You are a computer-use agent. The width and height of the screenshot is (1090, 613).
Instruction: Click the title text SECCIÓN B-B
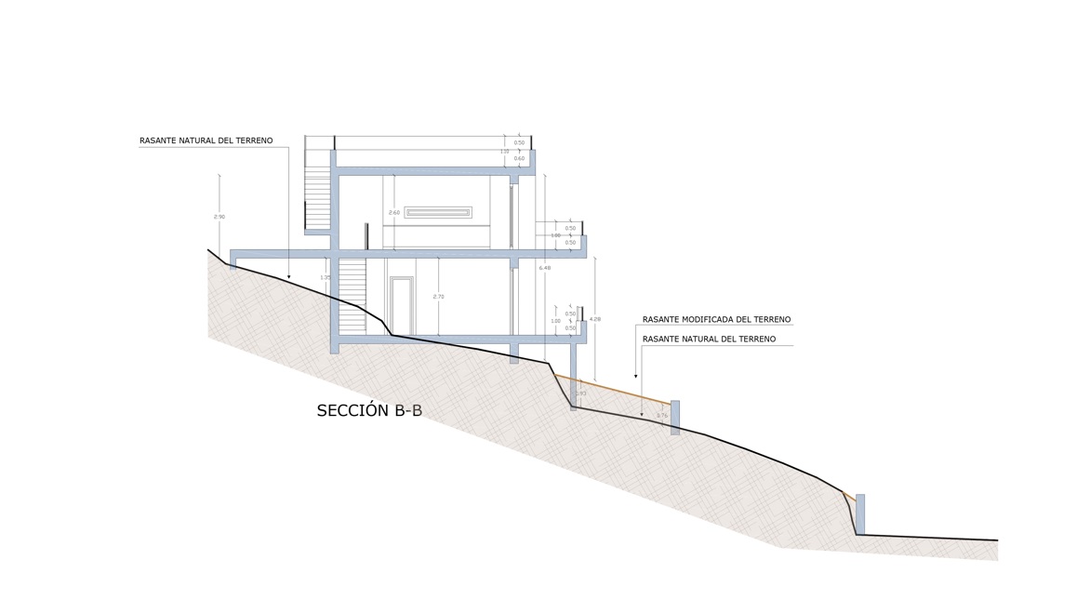(369, 410)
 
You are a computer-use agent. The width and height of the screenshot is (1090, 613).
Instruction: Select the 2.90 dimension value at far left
(219, 217)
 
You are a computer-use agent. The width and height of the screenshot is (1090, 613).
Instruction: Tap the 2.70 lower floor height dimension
(439, 297)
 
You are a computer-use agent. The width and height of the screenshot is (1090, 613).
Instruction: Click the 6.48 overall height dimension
(545, 268)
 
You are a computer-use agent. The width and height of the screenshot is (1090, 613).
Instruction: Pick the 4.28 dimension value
(595, 319)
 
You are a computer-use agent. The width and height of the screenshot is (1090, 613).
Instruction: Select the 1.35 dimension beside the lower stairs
(326, 277)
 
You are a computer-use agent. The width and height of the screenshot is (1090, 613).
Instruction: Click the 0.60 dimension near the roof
(519, 159)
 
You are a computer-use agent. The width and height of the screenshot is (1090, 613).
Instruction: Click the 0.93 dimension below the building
(581, 393)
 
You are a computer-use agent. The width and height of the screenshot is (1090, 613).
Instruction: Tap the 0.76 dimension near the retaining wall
(662, 416)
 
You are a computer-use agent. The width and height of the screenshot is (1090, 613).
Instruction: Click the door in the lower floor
(402, 306)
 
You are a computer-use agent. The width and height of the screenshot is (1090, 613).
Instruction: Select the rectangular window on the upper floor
(438, 212)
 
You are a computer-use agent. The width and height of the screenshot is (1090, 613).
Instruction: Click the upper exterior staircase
(317, 197)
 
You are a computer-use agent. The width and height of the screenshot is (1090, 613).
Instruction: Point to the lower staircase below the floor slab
(352, 296)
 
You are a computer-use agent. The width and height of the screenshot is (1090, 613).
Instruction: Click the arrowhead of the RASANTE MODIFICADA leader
(636, 376)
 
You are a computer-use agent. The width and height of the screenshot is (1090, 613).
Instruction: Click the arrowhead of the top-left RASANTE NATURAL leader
(288, 276)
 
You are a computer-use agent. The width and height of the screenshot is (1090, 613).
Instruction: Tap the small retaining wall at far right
(860, 513)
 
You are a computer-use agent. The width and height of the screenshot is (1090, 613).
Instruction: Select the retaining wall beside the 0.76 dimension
(675, 418)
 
